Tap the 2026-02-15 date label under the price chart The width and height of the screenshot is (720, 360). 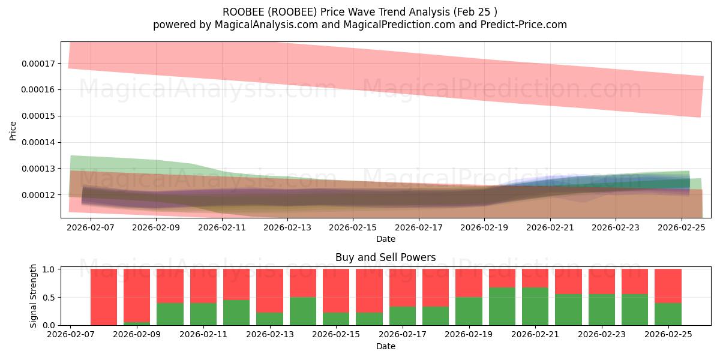352,228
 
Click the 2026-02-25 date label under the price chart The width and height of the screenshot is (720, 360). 682,228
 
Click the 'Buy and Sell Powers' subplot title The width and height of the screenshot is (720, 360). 385,257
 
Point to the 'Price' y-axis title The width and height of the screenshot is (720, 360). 13,130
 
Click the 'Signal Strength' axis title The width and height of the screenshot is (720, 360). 34,296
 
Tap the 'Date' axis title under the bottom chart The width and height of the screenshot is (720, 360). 385,346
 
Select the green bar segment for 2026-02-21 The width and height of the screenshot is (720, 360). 535,306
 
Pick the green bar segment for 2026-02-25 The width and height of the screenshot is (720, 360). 668,314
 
